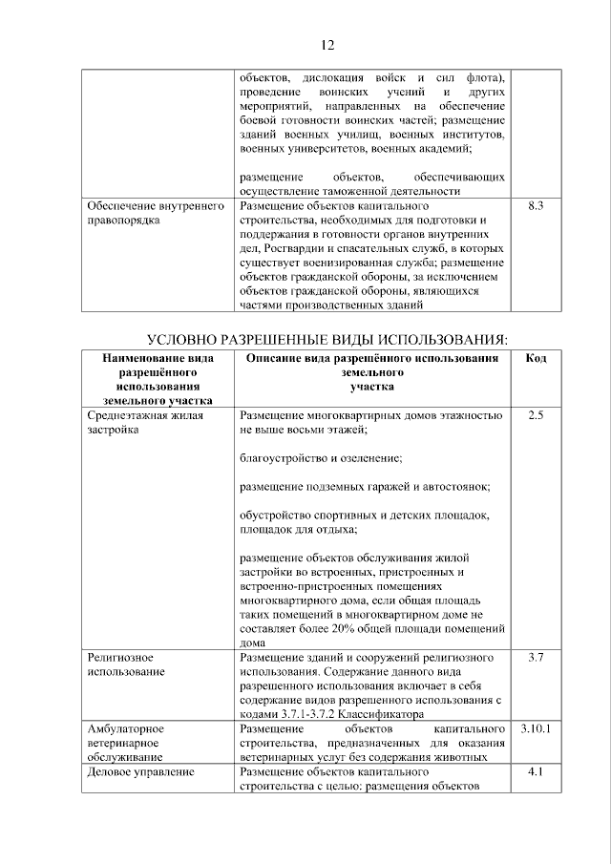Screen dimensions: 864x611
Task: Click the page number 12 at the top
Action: (326, 45)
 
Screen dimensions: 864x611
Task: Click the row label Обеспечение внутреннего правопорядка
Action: (154, 213)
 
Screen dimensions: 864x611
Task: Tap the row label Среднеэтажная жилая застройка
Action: (139, 423)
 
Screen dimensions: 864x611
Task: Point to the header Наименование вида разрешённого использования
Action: (158, 379)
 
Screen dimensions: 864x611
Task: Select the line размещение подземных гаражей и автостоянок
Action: (365, 486)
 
